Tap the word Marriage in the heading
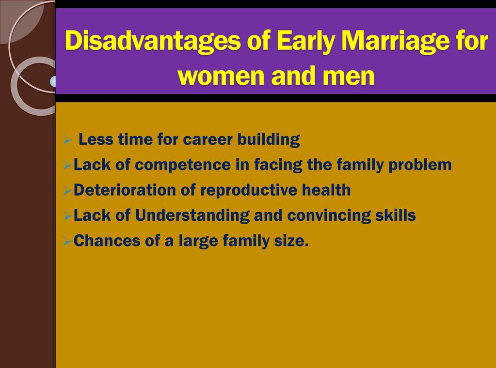(396, 41)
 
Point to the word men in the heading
(348, 76)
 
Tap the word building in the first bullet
(269, 139)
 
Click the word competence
(182, 165)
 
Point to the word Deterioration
(125, 190)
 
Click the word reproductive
(249, 190)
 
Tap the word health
(326, 190)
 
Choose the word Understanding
(192, 215)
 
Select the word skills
(396, 215)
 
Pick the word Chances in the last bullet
(107, 241)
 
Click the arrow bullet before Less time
(67, 139)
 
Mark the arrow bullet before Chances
(67, 241)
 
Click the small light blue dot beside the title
(53, 81)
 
